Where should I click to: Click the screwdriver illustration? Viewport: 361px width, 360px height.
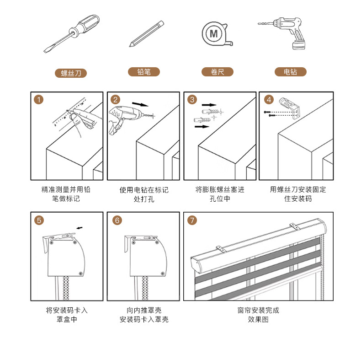(72, 34)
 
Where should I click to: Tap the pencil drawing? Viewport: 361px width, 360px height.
(146, 34)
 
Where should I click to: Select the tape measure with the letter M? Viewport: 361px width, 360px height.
(217, 34)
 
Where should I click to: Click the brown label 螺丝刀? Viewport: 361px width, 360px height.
(71, 73)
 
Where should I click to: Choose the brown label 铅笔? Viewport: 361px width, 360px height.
(144, 72)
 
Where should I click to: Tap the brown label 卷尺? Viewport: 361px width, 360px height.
(218, 72)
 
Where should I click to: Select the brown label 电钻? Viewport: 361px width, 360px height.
(291, 72)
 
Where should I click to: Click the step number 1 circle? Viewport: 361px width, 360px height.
(39, 100)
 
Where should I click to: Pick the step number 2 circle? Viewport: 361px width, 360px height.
(115, 100)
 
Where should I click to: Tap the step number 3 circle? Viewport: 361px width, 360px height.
(192, 100)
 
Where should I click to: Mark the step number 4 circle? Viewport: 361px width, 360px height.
(269, 100)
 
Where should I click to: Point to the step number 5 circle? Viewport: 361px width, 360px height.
(39, 220)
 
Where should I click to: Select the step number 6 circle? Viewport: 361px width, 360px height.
(117, 220)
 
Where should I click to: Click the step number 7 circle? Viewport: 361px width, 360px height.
(192, 220)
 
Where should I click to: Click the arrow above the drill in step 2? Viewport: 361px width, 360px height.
(140, 104)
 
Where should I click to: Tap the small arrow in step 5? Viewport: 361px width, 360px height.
(80, 228)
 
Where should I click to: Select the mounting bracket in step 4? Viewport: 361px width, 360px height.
(290, 108)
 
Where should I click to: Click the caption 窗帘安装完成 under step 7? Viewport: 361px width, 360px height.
(258, 310)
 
